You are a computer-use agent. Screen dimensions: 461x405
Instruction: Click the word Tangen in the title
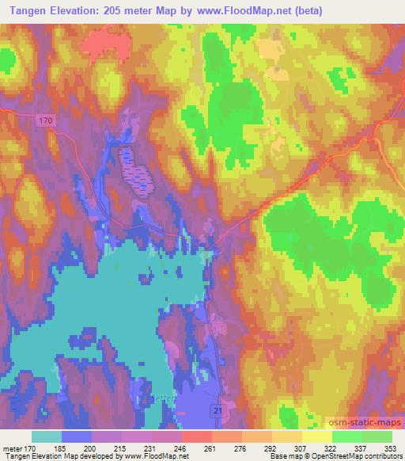pos(29,10)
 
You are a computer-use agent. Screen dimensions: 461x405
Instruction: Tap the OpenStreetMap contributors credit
pos(355,457)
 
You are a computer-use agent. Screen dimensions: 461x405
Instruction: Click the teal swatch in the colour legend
pos(47,436)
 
